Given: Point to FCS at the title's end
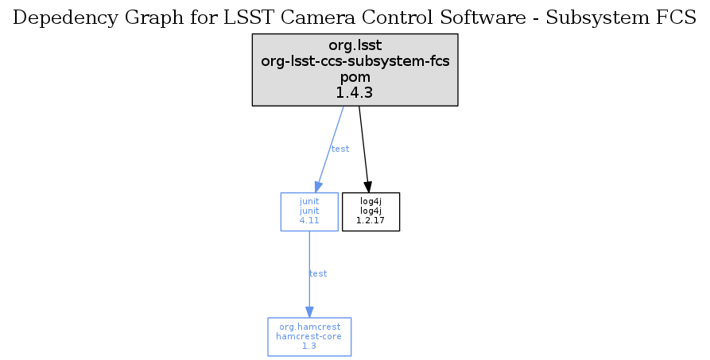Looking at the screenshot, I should point(678,19).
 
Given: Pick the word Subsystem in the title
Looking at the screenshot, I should point(604,19).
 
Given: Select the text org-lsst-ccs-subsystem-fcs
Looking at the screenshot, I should point(355,61).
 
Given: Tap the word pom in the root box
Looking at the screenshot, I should point(355,77).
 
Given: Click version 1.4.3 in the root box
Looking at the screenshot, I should point(355,92).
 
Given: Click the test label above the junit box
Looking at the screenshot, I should point(339,149).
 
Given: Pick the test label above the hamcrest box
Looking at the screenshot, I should point(317,273).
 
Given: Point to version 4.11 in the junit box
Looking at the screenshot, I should point(309,220).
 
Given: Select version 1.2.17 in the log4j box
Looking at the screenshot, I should point(371,220).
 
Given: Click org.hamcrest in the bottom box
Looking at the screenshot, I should point(309,327).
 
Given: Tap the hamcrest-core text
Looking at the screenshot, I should point(309,336).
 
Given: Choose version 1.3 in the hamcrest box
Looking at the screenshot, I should point(309,346).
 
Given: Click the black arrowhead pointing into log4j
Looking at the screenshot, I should point(368,186).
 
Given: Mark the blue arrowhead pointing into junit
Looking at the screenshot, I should point(317,186).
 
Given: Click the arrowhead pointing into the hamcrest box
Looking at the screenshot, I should point(309,312).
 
